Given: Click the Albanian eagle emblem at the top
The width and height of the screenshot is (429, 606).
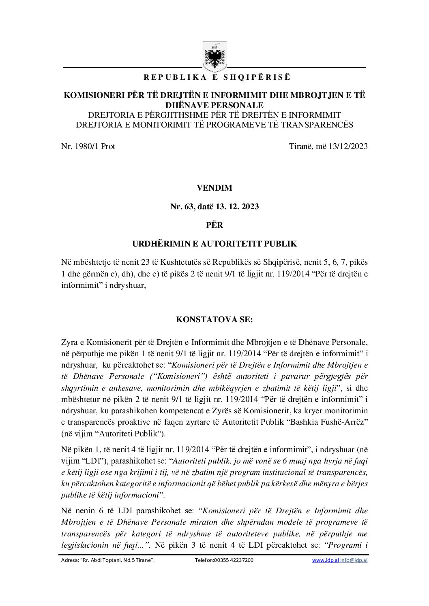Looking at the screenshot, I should point(214,55).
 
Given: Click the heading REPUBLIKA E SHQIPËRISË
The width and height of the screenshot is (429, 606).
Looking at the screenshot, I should point(214,77).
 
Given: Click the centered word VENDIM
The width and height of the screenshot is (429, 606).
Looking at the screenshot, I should point(214,188).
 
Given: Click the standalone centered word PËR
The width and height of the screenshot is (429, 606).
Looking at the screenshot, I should point(214,225).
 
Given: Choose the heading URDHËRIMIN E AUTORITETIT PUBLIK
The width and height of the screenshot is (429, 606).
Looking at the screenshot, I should point(214,244).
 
